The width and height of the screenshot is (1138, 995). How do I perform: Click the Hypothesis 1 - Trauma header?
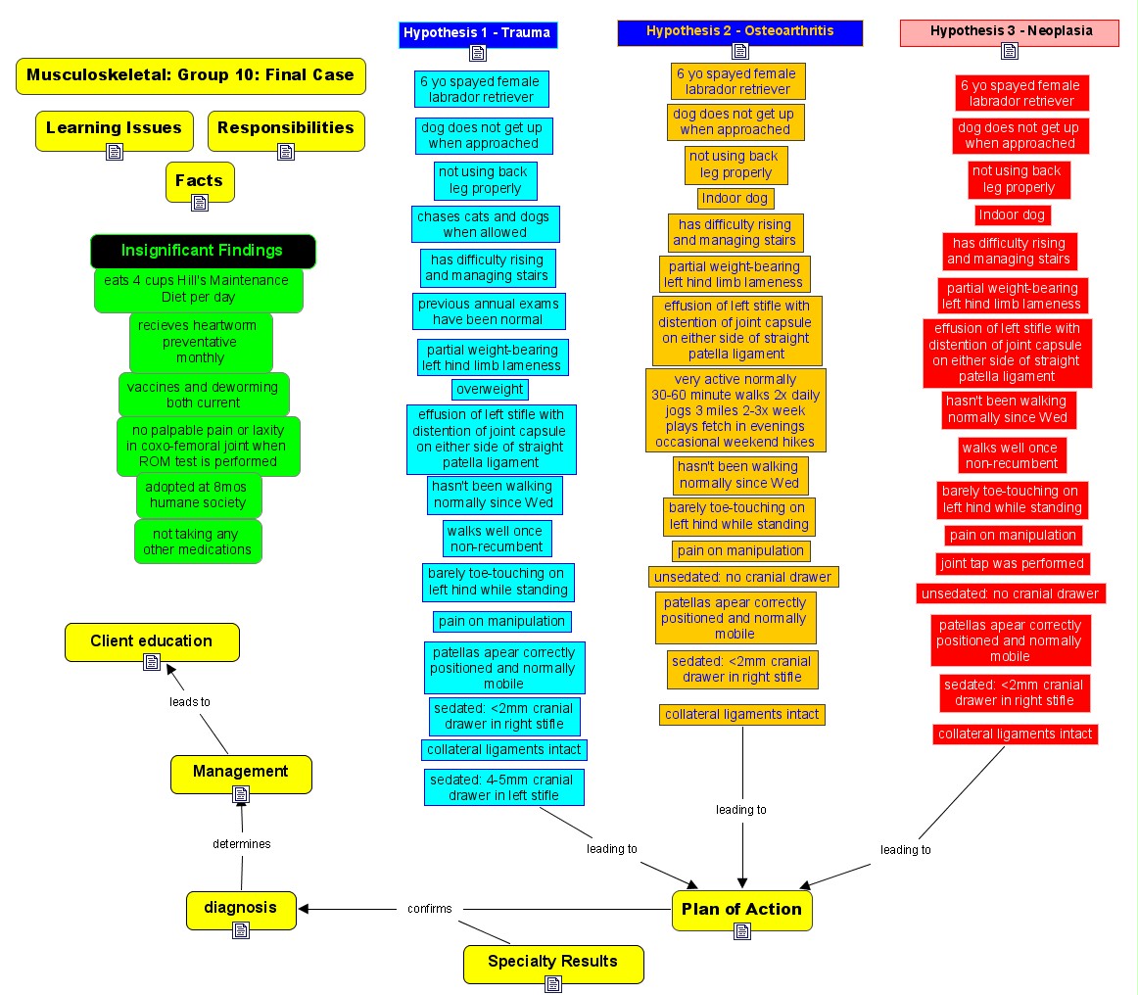(x=478, y=33)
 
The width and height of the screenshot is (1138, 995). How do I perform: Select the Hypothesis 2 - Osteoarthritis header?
(x=739, y=31)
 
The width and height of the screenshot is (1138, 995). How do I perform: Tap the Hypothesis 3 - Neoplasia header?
(x=1010, y=31)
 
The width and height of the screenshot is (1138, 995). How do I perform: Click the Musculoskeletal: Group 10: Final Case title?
(x=190, y=75)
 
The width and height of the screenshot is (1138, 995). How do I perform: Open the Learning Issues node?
(x=114, y=128)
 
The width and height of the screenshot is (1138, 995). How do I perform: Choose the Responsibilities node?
(x=286, y=128)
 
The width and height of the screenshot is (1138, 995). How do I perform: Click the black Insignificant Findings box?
(x=203, y=251)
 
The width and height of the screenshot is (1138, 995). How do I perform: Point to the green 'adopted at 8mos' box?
(x=199, y=495)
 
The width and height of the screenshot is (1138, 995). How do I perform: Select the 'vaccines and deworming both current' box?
(x=204, y=395)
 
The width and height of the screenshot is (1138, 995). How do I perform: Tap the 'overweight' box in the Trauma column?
(x=491, y=389)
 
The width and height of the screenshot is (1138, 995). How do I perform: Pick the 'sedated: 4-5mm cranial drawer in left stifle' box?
(x=504, y=787)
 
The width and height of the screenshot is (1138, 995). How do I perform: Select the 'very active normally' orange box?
(x=735, y=410)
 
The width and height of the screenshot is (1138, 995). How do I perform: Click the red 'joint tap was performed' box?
(x=1013, y=564)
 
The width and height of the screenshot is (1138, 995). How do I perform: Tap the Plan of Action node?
(x=741, y=909)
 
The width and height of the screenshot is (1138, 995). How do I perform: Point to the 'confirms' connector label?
(x=430, y=909)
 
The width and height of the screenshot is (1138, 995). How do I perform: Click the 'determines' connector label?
(x=242, y=843)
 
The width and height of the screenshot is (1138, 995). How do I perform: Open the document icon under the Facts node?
(x=200, y=203)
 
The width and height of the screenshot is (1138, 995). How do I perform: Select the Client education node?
(x=152, y=641)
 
